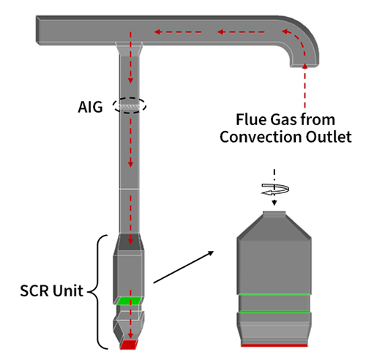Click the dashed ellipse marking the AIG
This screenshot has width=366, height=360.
[x=130, y=106]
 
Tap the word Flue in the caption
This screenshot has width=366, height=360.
[x=248, y=119]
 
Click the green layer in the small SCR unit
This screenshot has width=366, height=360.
[x=130, y=301]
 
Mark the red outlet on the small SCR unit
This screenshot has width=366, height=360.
[x=130, y=344]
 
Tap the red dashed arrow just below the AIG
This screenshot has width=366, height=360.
[x=130, y=132]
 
